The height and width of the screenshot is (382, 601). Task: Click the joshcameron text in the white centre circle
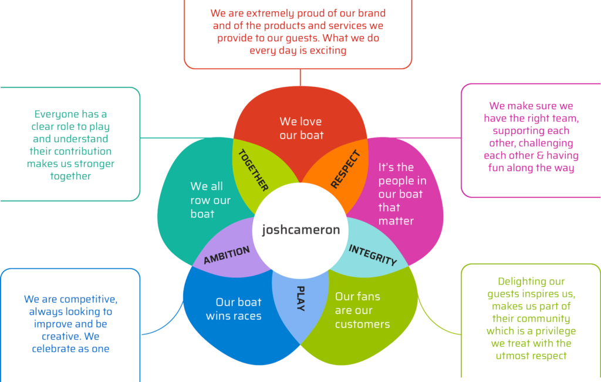point(300,230)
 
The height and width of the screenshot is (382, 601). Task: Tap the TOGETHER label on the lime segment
point(253,170)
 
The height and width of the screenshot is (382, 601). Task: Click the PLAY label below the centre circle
point(300,299)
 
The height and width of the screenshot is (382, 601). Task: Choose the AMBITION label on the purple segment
point(227,255)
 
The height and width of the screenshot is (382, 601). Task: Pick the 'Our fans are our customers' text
point(362,310)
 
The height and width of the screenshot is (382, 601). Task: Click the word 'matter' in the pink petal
point(396,221)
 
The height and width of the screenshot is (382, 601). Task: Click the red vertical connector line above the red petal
point(300,78)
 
